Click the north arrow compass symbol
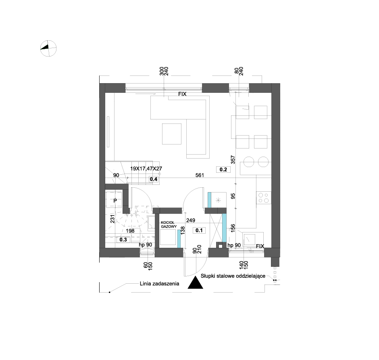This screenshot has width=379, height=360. pyautogui.click(x=48, y=48)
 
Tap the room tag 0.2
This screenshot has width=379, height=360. pyautogui.click(x=223, y=170)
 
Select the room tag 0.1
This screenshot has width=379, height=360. pyautogui.click(x=199, y=230)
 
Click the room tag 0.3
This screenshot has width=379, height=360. pyautogui.click(x=123, y=239)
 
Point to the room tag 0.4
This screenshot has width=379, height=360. pyautogui.click(x=154, y=179)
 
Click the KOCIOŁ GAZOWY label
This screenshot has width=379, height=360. pyautogui.click(x=169, y=224)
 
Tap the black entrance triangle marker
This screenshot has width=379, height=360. pyautogui.click(x=195, y=283)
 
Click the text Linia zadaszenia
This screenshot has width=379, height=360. pyautogui.click(x=160, y=284)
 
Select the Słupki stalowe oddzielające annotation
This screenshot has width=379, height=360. pyautogui.click(x=233, y=276)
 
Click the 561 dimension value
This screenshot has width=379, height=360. pyautogui.click(x=200, y=175)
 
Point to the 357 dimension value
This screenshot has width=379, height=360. pyautogui.click(x=233, y=160)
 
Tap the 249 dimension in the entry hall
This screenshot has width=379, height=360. pyautogui.click(x=191, y=220)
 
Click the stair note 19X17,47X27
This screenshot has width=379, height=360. pyautogui.click(x=146, y=169)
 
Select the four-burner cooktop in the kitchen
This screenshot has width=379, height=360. pyautogui.click(x=263, y=198)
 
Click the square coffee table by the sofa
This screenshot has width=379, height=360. pyautogui.click(x=172, y=134)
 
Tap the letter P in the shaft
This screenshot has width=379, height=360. pyautogui.click(x=115, y=201)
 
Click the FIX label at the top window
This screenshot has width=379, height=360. pyautogui.click(x=182, y=94)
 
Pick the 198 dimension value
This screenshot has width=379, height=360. pyautogui.click(x=130, y=231)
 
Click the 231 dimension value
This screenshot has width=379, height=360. pyautogui.click(x=112, y=219)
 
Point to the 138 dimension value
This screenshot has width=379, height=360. pyautogui.click(x=183, y=230)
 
